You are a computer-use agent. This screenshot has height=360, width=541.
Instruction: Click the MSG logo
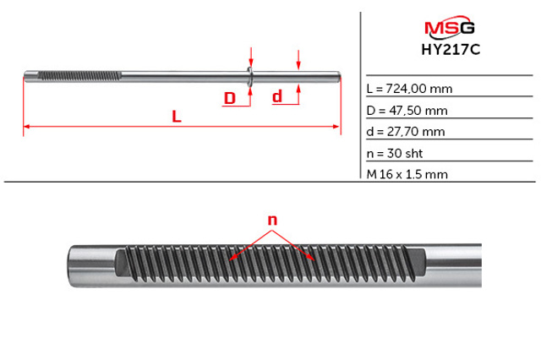[449, 27]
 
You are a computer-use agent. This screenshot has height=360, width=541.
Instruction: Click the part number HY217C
[451, 50]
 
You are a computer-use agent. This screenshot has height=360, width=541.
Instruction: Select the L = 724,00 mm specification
[409, 89]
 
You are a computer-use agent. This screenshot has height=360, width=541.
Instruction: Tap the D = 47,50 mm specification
[407, 111]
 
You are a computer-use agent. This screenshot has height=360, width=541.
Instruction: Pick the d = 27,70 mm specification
[406, 131]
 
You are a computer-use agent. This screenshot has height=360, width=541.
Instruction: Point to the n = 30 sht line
[395, 153]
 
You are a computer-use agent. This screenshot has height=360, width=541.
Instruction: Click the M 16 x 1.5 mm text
[407, 174]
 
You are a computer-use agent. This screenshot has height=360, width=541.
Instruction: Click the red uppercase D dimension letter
[230, 98]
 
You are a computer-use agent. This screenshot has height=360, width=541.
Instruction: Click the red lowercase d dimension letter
[277, 96]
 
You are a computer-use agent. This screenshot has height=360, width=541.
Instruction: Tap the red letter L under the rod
[177, 117]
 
